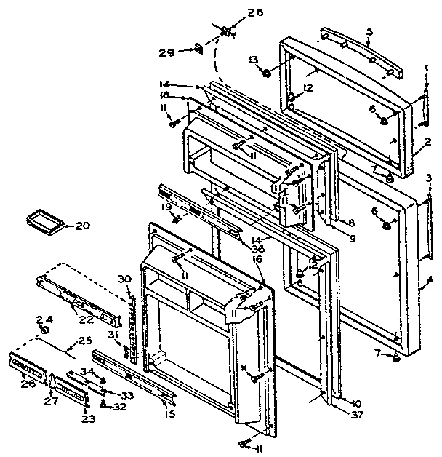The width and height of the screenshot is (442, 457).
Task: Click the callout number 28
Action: (x=235, y=12)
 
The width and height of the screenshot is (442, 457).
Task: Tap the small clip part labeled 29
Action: (x=197, y=49)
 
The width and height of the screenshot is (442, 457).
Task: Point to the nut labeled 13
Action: (x=267, y=73)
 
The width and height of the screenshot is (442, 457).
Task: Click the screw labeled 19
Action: (x=174, y=218)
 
